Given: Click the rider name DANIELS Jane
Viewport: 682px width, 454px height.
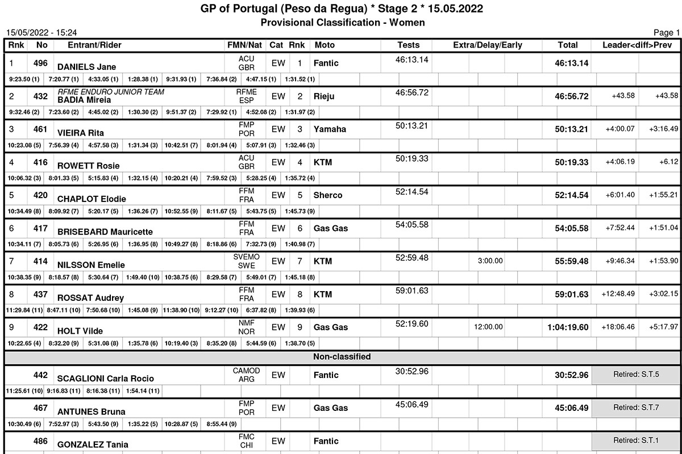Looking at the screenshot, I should point(86,67).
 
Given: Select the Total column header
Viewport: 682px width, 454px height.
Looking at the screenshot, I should point(567,45).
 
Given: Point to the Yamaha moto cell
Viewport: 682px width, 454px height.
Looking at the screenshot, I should point(330,129).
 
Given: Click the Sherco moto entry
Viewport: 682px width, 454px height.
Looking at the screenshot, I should point(328,195).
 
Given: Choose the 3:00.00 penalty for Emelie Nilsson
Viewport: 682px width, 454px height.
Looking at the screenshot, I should point(490,261).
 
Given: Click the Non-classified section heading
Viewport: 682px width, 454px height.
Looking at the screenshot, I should point(342,357).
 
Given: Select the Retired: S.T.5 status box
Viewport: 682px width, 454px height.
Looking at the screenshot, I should point(635,375).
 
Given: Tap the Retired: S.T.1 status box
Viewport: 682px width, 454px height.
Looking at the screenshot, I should point(635,440).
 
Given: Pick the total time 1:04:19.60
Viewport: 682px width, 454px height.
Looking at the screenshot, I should point(568,327).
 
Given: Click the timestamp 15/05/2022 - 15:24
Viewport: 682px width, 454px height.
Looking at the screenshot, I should point(41,33).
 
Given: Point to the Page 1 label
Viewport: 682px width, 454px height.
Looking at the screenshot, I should point(666,33).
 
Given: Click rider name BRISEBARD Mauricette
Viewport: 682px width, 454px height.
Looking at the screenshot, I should point(105,232).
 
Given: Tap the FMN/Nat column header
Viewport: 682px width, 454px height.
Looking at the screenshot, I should point(244,45).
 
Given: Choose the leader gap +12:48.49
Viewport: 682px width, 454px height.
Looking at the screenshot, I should point(618,294).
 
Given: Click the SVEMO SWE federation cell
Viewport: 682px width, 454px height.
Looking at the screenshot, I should point(246,261).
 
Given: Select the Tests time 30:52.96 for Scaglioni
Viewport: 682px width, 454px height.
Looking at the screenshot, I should point(411,371).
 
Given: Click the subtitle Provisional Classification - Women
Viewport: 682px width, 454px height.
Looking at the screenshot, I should point(343,22).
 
